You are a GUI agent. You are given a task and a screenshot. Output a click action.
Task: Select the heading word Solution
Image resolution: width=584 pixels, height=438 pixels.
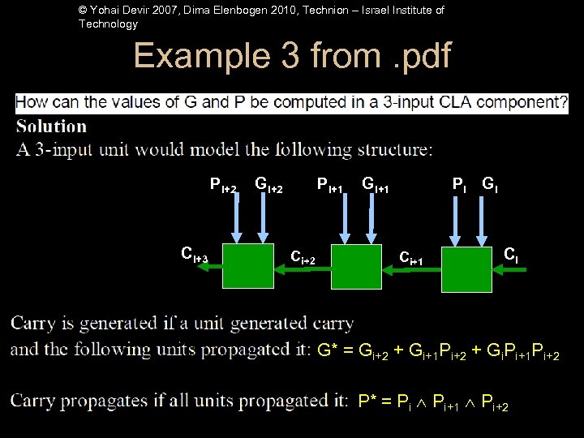(51, 127)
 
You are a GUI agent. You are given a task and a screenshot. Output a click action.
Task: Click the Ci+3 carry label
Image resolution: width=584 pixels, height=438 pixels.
(195, 257)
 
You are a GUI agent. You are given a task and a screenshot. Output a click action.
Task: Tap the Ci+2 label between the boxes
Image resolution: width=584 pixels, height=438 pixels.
(308, 257)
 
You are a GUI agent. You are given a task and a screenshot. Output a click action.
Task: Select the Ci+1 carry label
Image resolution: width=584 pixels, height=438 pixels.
(412, 257)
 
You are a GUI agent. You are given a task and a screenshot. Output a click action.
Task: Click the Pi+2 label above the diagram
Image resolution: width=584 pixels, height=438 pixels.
(223, 187)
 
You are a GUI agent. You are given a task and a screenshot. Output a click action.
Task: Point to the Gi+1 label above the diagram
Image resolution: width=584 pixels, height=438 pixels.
(376, 187)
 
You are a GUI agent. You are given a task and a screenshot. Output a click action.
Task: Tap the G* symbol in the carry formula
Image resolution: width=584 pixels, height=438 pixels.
(327, 351)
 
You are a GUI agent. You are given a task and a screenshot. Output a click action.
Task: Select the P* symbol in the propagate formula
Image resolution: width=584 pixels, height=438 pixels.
(367, 401)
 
